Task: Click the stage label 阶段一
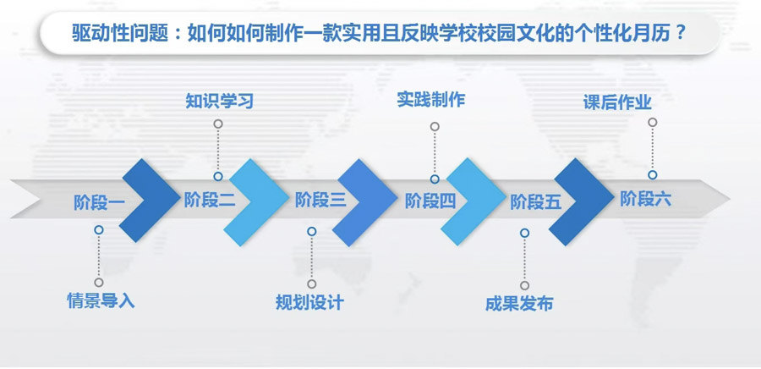pos(100,202)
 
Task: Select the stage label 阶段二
pos(210,200)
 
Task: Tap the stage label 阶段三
pos(320,200)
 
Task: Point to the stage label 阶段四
pos(430,201)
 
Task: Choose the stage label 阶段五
pos(536,202)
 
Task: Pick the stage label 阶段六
pos(645,199)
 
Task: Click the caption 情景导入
pos(101,301)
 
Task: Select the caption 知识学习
pos(219,101)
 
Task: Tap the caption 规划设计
pos(309,302)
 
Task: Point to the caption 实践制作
pos(431,100)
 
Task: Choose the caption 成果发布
pos(519,304)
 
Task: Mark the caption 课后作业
pos(617,102)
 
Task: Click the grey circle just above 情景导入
pos(99,283)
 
